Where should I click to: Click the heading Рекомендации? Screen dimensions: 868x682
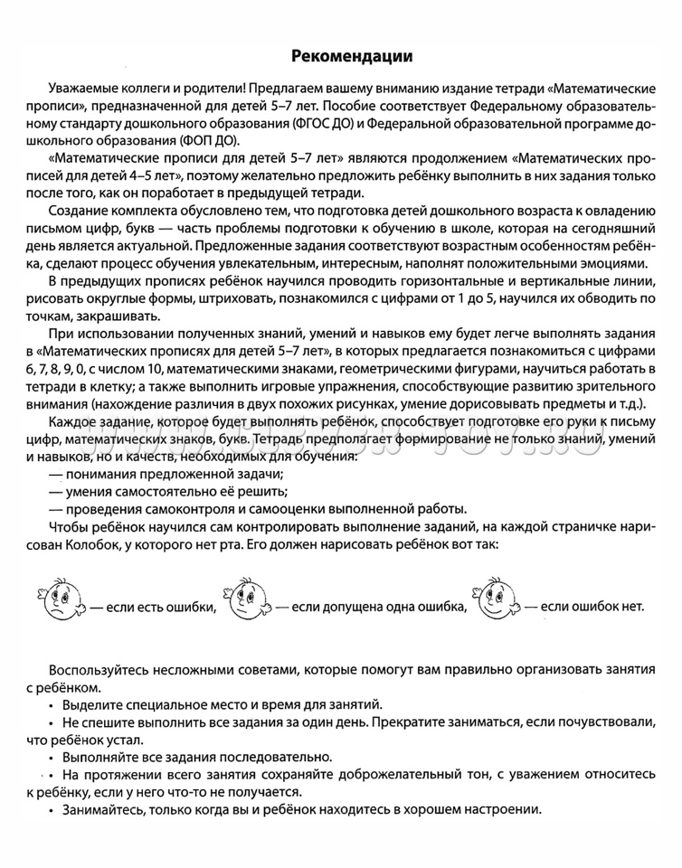tap(353, 57)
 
